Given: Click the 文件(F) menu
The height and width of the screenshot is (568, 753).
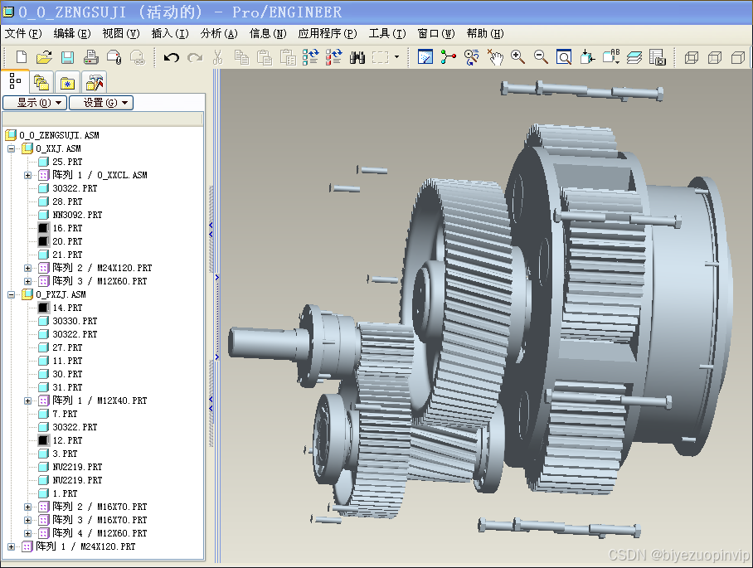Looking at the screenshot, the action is tap(23, 34).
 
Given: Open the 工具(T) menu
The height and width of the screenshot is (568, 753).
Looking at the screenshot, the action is tap(387, 34).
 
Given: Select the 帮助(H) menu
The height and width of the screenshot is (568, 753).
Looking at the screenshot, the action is tap(485, 34).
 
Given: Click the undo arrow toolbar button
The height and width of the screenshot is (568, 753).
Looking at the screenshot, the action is tap(171, 57).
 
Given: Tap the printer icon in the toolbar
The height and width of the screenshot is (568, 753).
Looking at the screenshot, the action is tap(90, 57).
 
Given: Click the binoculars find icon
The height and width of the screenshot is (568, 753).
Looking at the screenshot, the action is tap(357, 57).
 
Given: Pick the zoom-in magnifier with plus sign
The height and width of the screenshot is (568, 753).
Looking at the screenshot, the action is tap(517, 56).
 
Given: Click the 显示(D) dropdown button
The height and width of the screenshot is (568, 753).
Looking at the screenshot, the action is tap(35, 103).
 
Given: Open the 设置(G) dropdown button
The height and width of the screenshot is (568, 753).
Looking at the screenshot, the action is tap(101, 103).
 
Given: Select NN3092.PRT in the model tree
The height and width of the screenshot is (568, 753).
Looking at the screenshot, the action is tap(77, 215).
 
